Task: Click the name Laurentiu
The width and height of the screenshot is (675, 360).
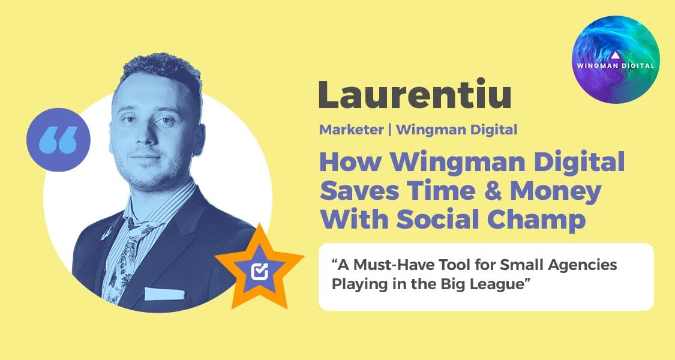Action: click(414, 95)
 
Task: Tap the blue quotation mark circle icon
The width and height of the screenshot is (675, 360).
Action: click(58, 140)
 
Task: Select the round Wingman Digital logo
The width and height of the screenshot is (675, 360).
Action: click(616, 59)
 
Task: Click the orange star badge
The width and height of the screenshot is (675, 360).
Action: click(260, 268)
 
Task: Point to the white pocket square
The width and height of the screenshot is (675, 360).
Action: click(164, 293)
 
